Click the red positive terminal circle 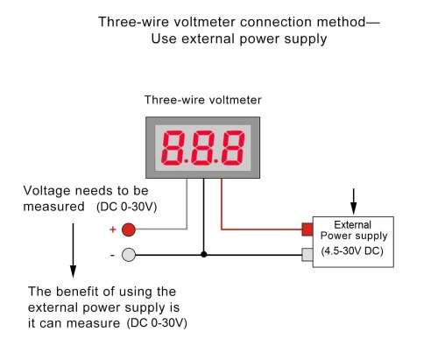tap(128, 229)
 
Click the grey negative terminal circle tap(128, 255)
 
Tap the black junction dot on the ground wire tap(204, 254)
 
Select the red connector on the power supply tap(307, 229)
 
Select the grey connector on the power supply tap(307, 255)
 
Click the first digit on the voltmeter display tap(173, 147)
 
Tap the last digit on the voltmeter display tap(233, 147)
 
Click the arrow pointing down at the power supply tap(354, 201)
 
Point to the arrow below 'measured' tap(73, 251)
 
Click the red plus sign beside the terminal tap(112, 229)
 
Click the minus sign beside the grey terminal tap(112, 256)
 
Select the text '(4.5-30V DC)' tap(352, 251)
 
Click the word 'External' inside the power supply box tap(352, 225)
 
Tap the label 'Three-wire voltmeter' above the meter tap(203, 100)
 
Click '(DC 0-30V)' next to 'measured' tap(127, 207)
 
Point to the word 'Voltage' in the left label tap(46, 191)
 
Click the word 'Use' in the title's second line tap(164, 39)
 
